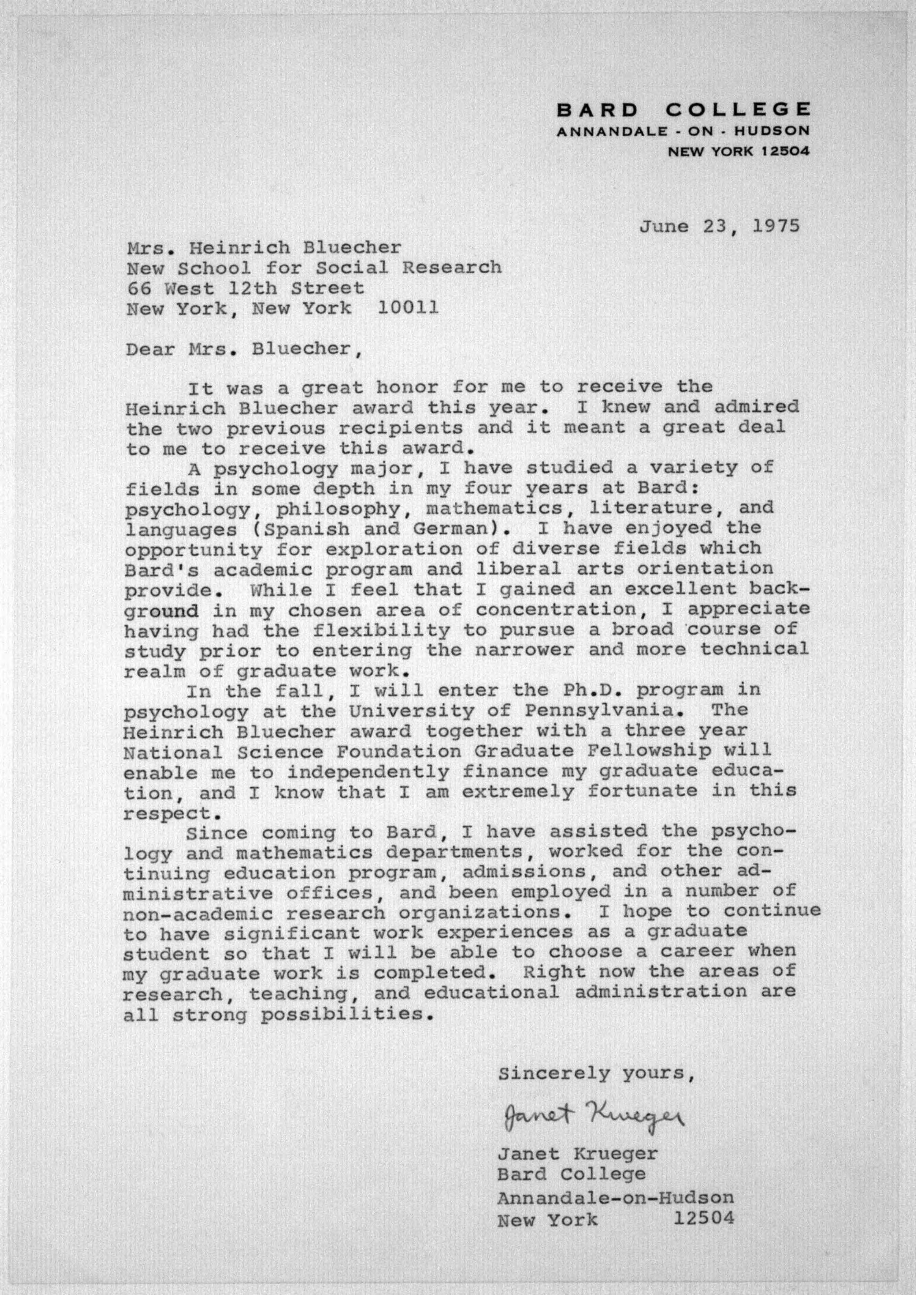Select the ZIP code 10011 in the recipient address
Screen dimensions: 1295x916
point(408,308)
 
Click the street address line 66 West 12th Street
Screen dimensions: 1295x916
point(245,288)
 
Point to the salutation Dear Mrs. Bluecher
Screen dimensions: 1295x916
point(243,350)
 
